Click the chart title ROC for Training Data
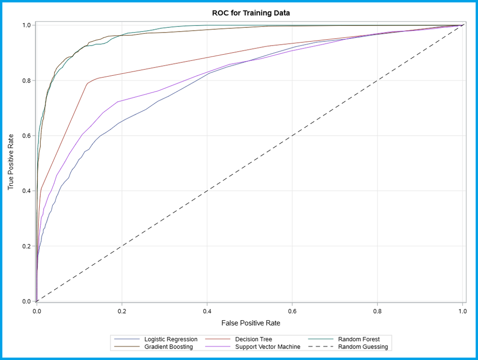tap(250, 13)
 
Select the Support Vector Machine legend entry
tap(266, 347)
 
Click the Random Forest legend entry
tap(358, 339)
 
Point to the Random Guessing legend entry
tap(363, 347)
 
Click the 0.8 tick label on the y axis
tap(26, 81)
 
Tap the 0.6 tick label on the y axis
tap(26, 136)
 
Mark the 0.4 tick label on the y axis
tap(26, 191)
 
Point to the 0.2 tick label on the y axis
tap(26, 246)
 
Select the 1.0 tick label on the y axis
tap(26, 25)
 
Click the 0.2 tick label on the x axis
tap(122, 311)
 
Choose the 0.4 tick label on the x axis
tap(207, 311)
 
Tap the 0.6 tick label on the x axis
tap(292, 311)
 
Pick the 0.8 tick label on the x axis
tap(377, 311)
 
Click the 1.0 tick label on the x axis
tap(462, 311)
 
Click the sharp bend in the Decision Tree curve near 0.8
tap(87, 83)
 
